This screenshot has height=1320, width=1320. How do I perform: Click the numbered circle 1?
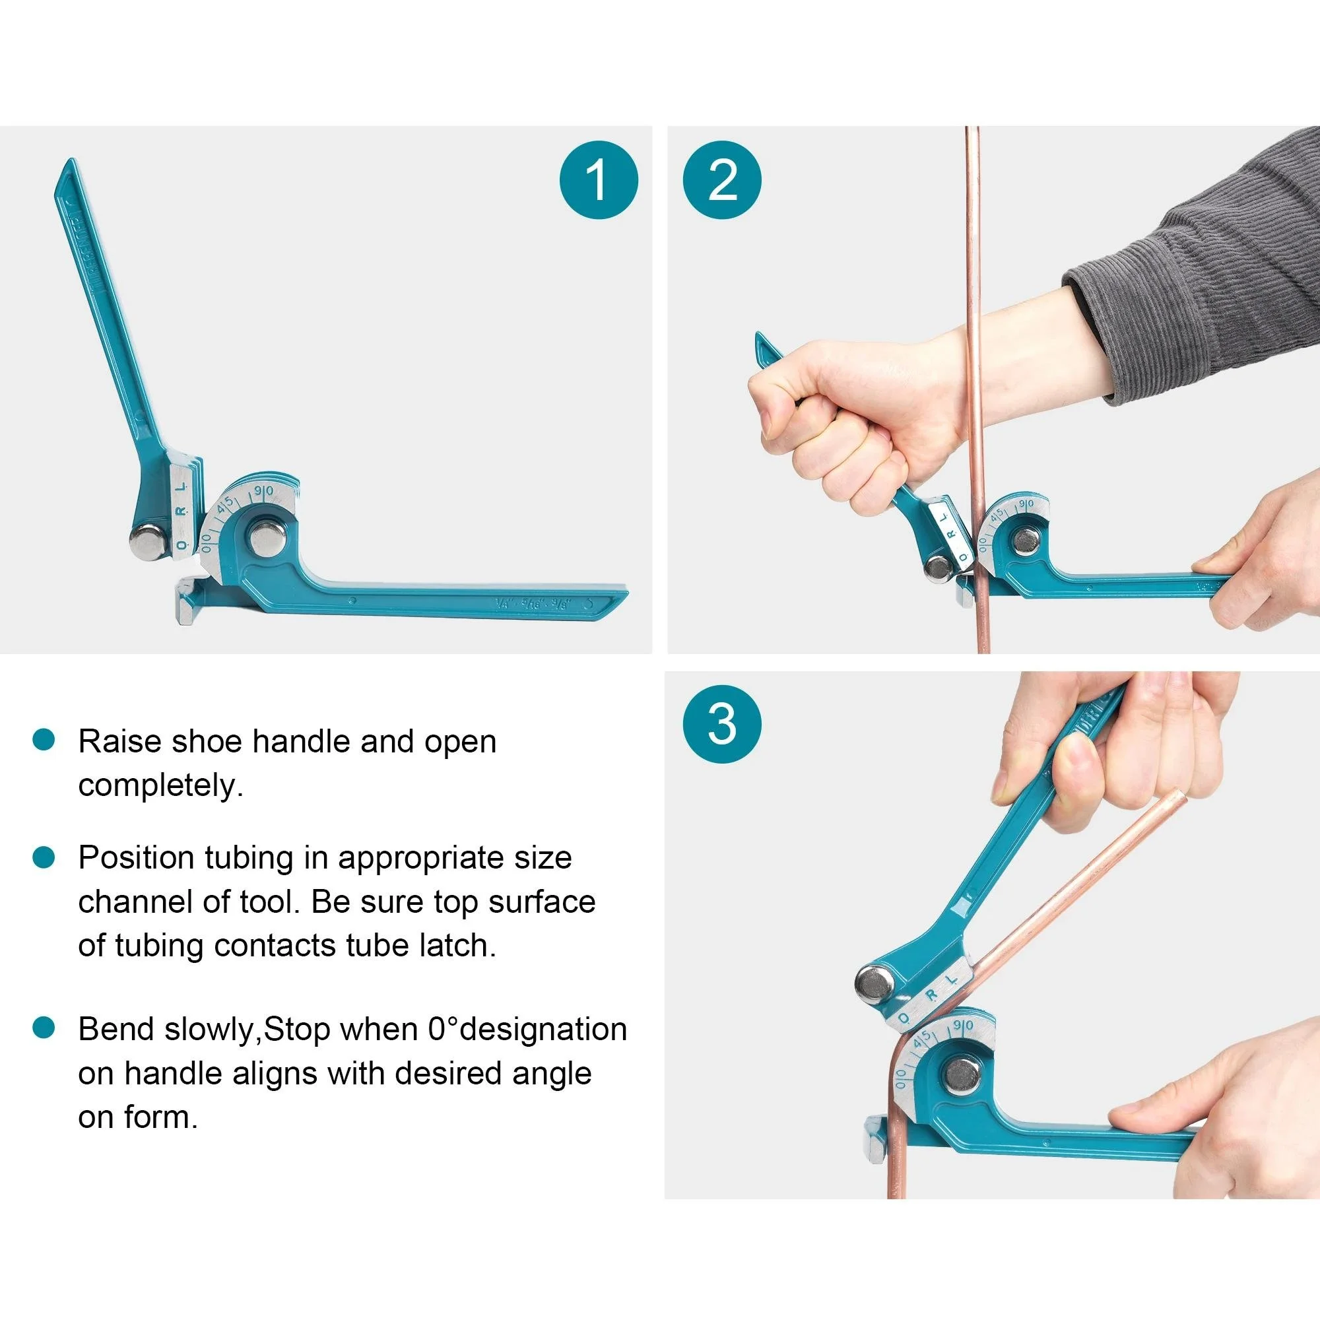599,180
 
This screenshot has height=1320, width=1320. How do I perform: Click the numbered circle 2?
722,180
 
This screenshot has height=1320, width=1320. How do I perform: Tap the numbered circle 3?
722,724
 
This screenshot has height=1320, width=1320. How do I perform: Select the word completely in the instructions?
160,785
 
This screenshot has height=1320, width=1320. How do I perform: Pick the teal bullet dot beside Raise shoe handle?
44,740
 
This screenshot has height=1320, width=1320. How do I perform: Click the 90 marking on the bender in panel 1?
264,491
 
